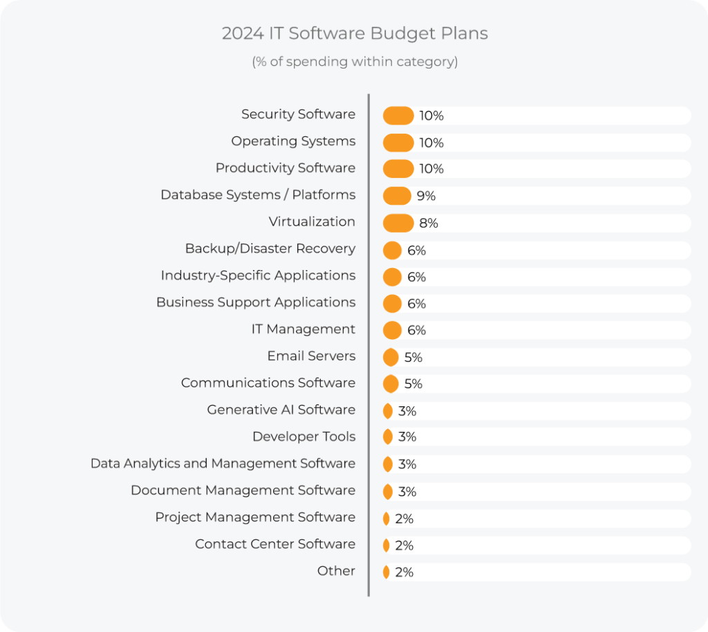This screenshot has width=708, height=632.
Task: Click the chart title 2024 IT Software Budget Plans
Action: tap(354, 33)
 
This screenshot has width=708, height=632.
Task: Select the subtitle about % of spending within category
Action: tap(354, 62)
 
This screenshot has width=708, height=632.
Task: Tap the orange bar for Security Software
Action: tap(398, 116)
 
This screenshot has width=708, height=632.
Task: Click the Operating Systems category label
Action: tap(293, 141)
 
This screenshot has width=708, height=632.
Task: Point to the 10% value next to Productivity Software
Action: tap(431, 169)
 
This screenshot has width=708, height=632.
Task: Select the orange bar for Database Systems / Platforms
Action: tap(397, 196)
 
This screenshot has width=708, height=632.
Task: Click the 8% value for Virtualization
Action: tap(428, 223)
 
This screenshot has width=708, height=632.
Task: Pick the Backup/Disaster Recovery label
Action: tap(270, 249)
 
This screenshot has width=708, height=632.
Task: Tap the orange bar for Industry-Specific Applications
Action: tap(392, 277)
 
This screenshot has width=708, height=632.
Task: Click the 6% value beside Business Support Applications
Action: tap(416, 304)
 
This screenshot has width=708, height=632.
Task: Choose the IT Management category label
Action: tap(303, 329)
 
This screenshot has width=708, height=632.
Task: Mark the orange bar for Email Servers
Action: tap(391, 357)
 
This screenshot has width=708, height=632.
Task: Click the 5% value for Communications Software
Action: tap(413, 384)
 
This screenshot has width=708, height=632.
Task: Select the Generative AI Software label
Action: tap(281, 410)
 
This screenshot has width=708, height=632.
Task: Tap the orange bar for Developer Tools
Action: tap(388, 437)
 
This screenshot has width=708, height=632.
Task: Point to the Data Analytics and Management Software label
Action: tap(223, 464)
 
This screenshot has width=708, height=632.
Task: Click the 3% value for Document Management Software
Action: tap(407, 492)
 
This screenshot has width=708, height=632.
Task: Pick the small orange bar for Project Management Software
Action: tap(386, 518)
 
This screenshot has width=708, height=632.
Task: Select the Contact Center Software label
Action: tap(274, 544)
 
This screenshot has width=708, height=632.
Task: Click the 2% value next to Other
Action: tap(404, 572)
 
